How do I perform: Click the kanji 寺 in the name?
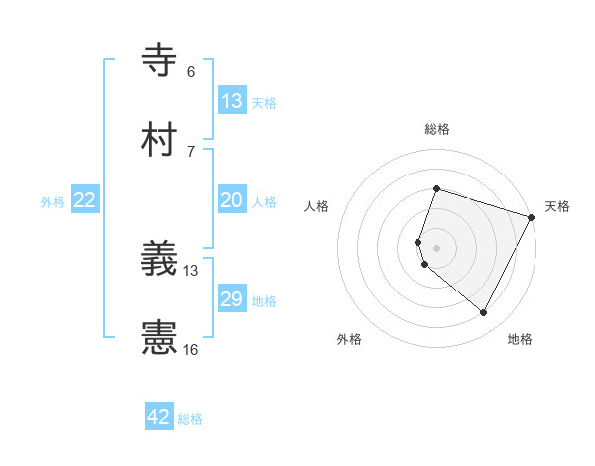pyautogui.click(x=160, y=60)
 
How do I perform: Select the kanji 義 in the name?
pyautogui.click(x=160, y=259)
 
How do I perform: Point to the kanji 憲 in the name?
pyautogui.click(x=160, y=338)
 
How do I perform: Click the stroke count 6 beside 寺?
pyautogui.click(x=191, y=72)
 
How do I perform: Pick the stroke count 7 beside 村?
pyautogui.click(x=191, y=151)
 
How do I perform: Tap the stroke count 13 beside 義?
pyautogui.click(x=191, y=270)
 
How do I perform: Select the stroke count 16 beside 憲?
pyautogui.click(x=191, y=349)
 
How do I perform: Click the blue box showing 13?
pyautogui.click(x=232, y=101)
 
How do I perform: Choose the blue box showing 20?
pyautogui.click(x=232, y=200)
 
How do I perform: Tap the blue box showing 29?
pyautogui.click(x=232, y=299)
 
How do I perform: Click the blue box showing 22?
pyautogui.click(x=85, y=200)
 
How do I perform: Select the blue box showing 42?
pyautogui.click(x=159, y=417)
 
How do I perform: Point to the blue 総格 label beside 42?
pyautogui.click(x=190, y=419)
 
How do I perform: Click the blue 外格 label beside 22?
pyautogui.click(x=53, y=202)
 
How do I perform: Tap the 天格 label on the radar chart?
pyautogui.click(x=557, y=206)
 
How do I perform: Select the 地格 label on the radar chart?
pyautogui.click(x=520, y=339)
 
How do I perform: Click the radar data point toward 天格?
pyautogui.click(x=532, y=217)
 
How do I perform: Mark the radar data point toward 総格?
pyautogui.click(x=436, y=188)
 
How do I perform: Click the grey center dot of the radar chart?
pyautogui.click(x=436, y=247)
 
